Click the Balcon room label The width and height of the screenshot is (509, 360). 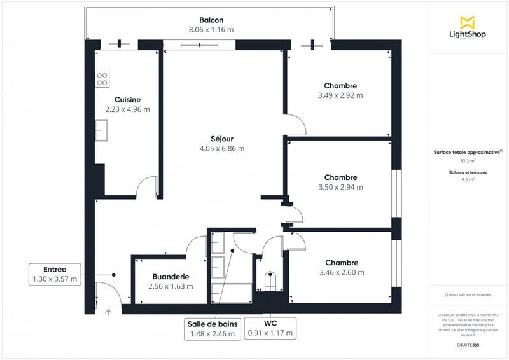(210, 19)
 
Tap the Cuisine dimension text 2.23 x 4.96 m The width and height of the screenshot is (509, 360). (127, 109)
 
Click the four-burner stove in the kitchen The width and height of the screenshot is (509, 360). (102, 79)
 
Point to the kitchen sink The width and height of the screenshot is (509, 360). (101, 131)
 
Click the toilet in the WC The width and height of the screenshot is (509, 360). (271, 280)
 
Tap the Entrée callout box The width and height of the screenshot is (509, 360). (55, 273)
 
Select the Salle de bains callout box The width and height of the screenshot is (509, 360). (212, 328)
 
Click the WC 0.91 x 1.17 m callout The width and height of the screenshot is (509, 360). (270, 328)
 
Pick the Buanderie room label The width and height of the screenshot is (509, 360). (171, 277)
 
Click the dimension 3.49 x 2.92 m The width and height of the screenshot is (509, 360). (340, 95)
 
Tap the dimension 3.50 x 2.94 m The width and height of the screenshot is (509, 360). (340, 187)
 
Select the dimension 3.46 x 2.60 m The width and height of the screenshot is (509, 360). (342, 272)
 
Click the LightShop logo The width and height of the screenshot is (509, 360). (468, 29)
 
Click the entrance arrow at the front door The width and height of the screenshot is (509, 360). (108, 312)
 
